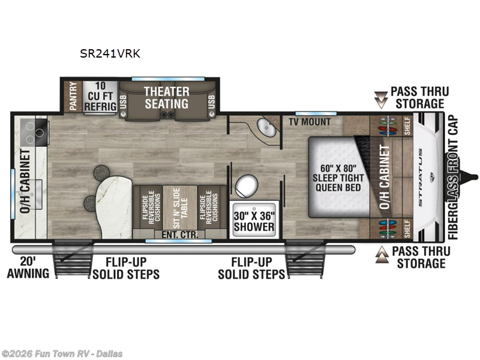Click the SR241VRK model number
[x=110, y=53]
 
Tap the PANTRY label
[x=73, y=96]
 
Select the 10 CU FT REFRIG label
[x=100, y=96]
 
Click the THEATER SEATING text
[x=167, y=98]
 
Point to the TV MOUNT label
[x=310, y=122]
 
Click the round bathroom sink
[x=266, y=127]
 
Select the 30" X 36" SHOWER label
[x=254, y=221]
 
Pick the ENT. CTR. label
[x=179, y=235]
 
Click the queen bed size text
[x=338, y=178]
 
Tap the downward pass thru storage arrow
[x=381, y=100]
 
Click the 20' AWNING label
[x=28, y=268]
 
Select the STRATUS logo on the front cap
[x=421, y=177]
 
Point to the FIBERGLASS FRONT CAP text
[x=453, y=178]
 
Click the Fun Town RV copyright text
[x=61, y=354]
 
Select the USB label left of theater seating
[x=123, y=102]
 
